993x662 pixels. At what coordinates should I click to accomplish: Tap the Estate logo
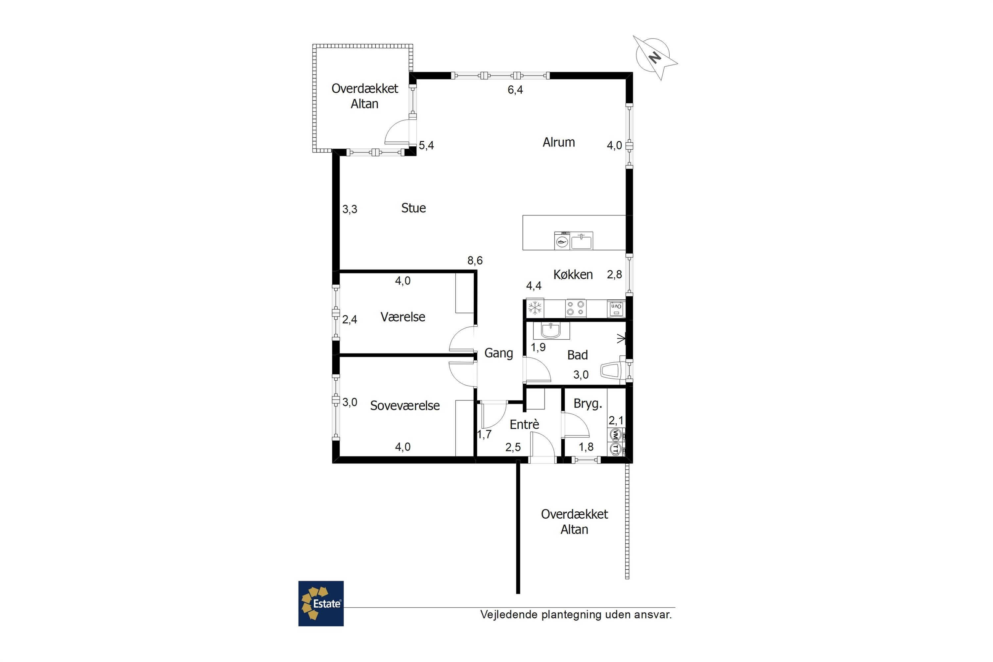tap(321, 603)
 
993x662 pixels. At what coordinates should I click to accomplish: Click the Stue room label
tap(413, 208)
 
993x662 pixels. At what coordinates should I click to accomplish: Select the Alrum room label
tap(559, 142)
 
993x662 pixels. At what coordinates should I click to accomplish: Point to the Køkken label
tap(573, 275)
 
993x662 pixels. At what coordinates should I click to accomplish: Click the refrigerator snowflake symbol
tap(535, 308)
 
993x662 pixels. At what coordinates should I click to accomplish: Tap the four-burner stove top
tap(576, 308)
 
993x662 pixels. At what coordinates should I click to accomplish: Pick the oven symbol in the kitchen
tap(616, 308)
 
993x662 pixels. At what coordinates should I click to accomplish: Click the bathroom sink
tap(551, 331)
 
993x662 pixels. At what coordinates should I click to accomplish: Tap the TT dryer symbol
tap(615, 449)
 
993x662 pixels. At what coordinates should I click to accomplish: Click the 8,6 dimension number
tap(475, 261)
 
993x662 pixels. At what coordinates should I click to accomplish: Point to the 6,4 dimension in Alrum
tap(515, 90)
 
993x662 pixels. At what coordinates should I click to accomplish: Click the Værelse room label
tap(403, 317)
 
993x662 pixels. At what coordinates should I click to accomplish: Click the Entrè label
tap(524, 424)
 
